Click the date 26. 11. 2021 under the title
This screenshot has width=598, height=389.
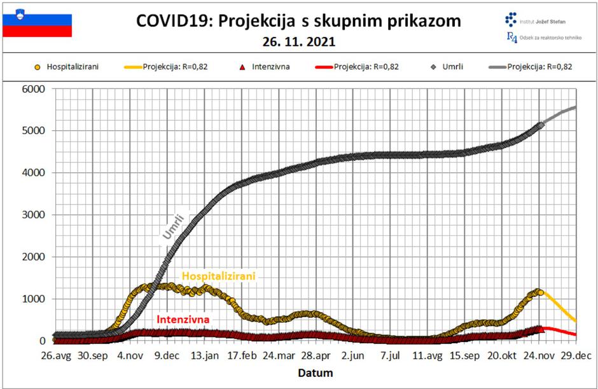tap(298, 43)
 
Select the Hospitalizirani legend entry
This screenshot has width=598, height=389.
tap(67, 66)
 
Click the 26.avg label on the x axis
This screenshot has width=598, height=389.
tap(55, 357)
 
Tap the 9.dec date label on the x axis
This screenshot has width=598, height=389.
tap(167, 357)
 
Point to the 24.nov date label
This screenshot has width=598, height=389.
tap(539, 357)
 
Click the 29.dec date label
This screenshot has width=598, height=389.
tap(576, 357)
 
